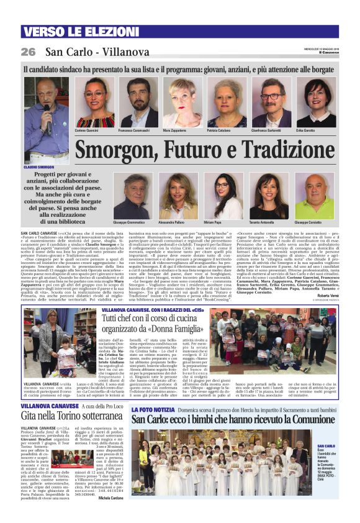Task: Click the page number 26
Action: (28, 52)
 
